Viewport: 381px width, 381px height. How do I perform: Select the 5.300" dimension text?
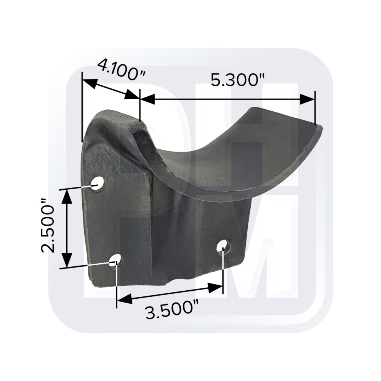(237, 80)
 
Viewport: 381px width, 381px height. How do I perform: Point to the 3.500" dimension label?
(172, 310)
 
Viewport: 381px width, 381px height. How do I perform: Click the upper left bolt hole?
(98, 183)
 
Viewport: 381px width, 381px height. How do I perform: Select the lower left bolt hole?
(116, 261)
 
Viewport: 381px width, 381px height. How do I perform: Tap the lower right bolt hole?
(223, 246)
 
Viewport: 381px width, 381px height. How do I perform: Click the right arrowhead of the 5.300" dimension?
(307, 99)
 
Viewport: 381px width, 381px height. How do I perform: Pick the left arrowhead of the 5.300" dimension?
(147, 99)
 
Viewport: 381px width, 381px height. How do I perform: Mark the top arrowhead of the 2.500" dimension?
(67, 196)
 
